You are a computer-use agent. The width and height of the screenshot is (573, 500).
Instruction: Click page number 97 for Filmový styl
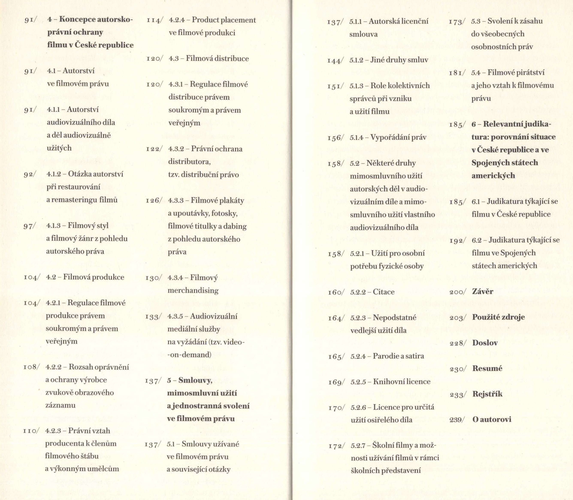[29, 226]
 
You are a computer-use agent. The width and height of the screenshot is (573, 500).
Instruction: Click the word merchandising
[193, 291]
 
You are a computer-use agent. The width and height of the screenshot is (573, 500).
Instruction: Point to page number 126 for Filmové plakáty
[153, 201]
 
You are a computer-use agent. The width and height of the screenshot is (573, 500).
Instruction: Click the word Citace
[384, 292]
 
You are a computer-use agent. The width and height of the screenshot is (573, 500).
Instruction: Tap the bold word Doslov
[485, 343]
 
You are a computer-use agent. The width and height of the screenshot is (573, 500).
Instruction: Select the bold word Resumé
[487, 369]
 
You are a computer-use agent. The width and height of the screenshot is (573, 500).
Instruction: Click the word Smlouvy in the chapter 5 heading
[195, 381]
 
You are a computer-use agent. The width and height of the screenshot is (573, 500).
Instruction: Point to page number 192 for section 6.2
[456, 241]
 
